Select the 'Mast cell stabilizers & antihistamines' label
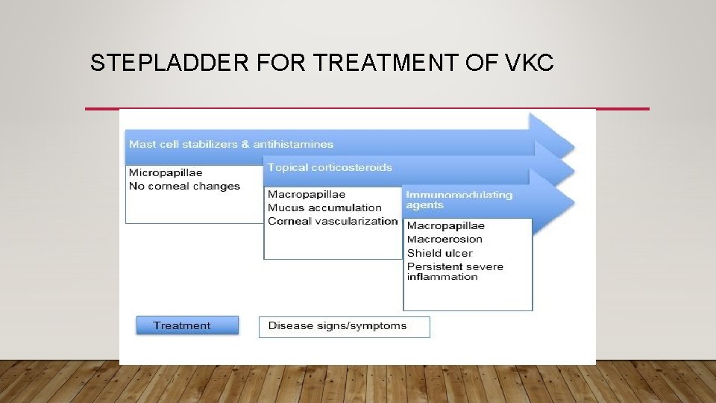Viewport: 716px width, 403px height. pyautogui.click(x=231, y=144)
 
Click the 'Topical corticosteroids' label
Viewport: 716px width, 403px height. pyautogui.click(x=330, y=167)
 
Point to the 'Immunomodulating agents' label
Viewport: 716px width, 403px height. pyautogui.click(x=459, y=199)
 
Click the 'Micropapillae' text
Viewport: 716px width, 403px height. pyautogui.click(x=165, y=173)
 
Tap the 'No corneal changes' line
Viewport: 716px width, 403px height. pyautogui.click(x=184, y=186)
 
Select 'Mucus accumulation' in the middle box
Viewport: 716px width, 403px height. pyautogui.click(x=324, y=207)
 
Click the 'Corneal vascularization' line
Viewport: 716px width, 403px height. pyautogui.click(x=333, y=221)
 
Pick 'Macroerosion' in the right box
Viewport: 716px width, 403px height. pyautogui.click(x=445, y=239)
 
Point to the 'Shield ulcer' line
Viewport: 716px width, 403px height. pyautogui.click(x=439, y=253)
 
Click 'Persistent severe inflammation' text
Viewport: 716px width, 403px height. pyautogui.click(x=455, y=272)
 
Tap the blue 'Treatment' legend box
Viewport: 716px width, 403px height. pyautogui.click(x=187, y=325)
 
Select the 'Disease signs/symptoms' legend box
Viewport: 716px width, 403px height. pyautogui.click(x=344, y=326)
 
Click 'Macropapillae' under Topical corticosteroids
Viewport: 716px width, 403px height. pyautogui.click(x=307, y=194)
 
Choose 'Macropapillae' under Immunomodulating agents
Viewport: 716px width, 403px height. pyautogui.click(x=446, y=225)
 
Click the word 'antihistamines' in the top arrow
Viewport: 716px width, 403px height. pyautogui.click(x=293, y=144)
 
